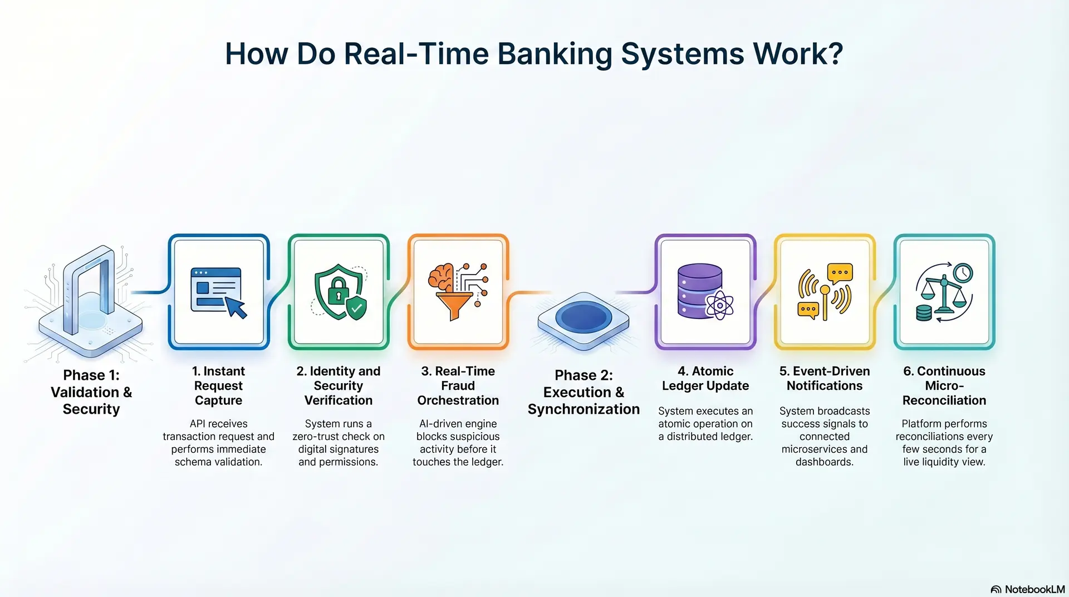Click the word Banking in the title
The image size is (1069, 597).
tap(555, 55)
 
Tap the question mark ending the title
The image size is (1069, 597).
tap(834, 54)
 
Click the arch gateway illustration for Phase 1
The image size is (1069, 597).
tap(89, 295)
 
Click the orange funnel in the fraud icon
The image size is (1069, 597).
tap(454, 306)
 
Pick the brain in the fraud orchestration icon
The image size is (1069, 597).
tap(442, 277)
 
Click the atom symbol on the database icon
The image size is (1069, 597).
tap(720, 305)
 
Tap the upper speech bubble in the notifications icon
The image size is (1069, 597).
tap(840, 273)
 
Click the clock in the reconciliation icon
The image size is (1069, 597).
tap(963, 273)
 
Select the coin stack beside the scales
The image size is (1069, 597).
tap(924, 312)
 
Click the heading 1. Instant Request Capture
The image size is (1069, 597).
tap(218, 385)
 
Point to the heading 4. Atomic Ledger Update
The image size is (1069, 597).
tap(705, 378)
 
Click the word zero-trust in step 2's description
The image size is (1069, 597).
tap(316, 437)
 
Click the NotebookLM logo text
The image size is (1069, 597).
tap(1034, 589)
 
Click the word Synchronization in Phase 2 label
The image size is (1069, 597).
tap(583, 409)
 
